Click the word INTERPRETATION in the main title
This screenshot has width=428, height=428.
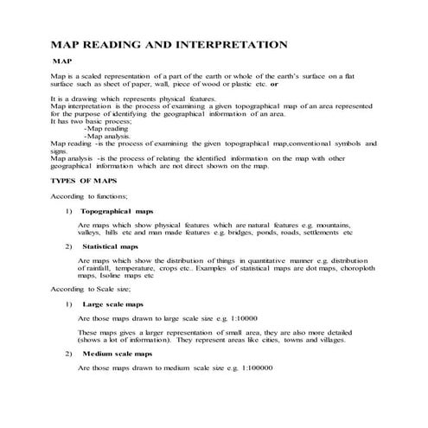pos(232,42)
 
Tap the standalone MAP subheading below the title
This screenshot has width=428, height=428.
pos(61,62)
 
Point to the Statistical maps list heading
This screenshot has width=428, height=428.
pos(110,246)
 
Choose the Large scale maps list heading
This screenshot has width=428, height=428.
pos(113,303)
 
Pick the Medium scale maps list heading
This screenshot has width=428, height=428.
pos(117,354)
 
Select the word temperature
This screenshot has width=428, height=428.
pos(144,268)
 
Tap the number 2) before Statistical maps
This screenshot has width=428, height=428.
pos(68,246)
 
